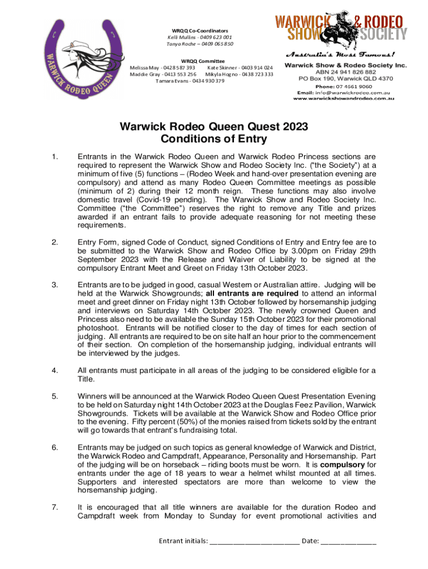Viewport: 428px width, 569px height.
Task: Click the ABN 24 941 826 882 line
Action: coord(346,72)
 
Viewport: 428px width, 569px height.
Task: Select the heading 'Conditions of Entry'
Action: coord(213,139)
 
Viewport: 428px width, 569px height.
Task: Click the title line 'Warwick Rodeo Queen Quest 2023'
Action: coord(213,127)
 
